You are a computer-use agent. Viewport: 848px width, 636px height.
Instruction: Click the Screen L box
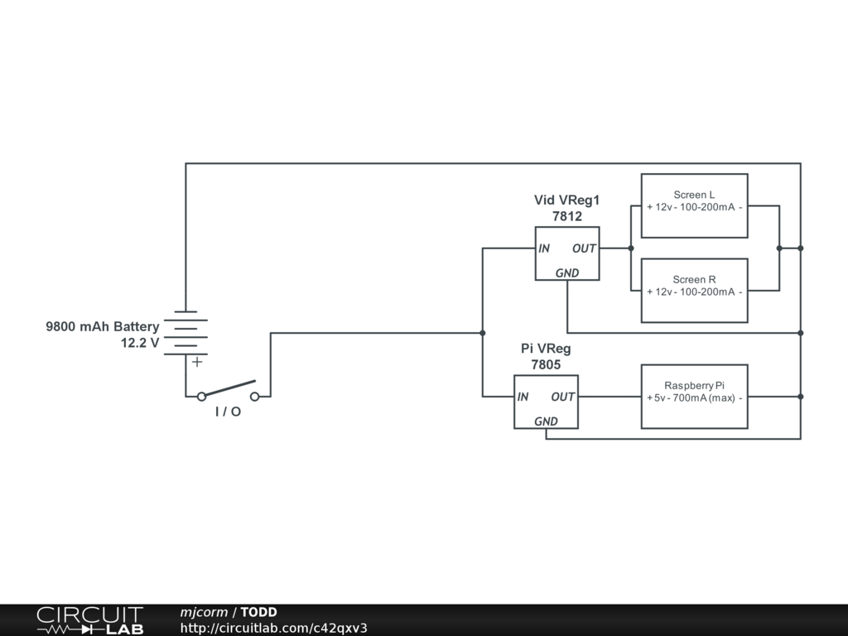[x=695, y=205]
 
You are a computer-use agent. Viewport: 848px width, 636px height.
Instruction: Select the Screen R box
[x=695, y=290]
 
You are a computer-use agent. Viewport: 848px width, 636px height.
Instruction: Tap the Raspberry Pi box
[x=695, y=396]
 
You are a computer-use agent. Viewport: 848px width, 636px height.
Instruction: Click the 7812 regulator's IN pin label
[x=544, y=248]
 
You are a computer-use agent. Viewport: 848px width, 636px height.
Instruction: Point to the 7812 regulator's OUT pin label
[x=584, y=248]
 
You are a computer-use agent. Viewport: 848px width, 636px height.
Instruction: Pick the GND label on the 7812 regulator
[x=567, y=273]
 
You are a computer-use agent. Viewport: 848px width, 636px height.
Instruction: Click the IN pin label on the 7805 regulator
[x=523, y=397]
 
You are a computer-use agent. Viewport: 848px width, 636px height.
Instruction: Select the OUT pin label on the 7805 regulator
[x=562, y=397]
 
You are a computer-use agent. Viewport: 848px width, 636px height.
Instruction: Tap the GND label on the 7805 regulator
[x=546, y=422]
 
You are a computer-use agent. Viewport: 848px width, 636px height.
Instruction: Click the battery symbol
[x=185, y=334]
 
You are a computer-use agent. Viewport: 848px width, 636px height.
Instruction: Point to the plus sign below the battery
[x=197, y=362]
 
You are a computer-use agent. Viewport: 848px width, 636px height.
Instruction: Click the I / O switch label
[x=228, y=412]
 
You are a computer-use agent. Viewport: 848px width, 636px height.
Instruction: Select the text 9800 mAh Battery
[x=103, y=327]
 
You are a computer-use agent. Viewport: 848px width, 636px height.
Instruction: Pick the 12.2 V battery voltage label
[x=140, y=342]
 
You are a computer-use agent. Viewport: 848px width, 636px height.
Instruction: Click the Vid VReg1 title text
[x=566, y=200]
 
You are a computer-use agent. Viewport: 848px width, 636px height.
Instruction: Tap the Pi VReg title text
[x=546, y=349]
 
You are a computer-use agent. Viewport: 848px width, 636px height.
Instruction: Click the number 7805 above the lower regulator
[x=546, y=364]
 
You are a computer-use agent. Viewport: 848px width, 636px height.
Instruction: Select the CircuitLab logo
[x=89, y=620]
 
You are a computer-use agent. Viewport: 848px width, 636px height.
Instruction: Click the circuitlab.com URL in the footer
[x=273, y=628]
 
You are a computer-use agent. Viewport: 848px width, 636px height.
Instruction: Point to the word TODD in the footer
[x=258, y=613]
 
